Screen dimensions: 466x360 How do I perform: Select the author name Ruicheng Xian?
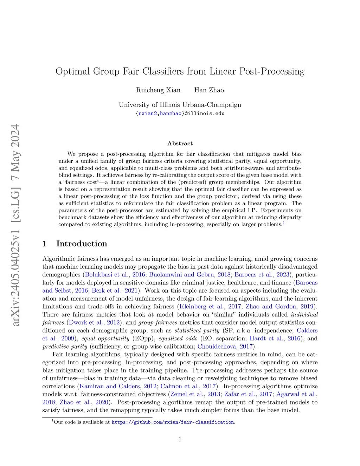158,90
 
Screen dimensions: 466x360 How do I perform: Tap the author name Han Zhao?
209,90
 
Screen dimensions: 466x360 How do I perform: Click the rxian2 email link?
148,114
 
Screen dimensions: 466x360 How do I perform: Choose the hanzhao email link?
171,114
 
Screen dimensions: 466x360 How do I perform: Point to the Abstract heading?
180,143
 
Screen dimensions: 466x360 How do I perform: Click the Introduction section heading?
82,244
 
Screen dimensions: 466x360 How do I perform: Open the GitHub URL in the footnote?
173,422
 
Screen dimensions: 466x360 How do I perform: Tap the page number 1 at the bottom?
180,439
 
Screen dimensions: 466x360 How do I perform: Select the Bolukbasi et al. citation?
107,275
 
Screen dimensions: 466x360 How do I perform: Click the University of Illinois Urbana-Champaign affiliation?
180,105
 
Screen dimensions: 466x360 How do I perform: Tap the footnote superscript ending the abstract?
284,223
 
